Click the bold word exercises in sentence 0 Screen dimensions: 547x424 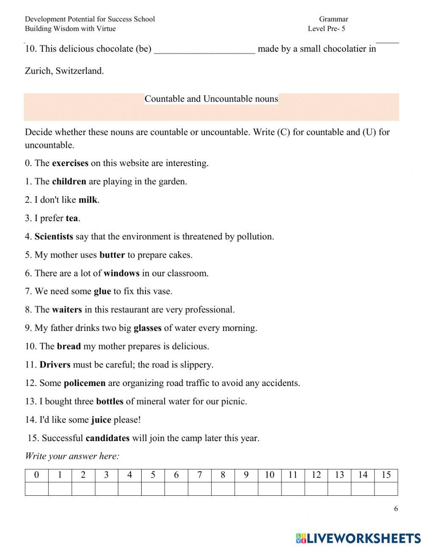pyautogui.click(x=70, y=163)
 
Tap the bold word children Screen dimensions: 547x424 pyautogui.click(x=69, y=181)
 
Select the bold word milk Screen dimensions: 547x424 pyautogui.click(x=88, y=200)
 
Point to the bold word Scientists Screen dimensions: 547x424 pyautogui.click(x=53, y=236)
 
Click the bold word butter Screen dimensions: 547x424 pyautogui.click(x=112, y=255)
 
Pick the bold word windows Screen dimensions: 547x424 pyautogui.click(x=121, y=273)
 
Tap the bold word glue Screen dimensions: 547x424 pyautogui.click(x=102, y=292)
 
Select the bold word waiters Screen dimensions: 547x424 pyautogui.click(x=67, y=310)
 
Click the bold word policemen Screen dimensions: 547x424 pyautogui.click(x=84, y=383)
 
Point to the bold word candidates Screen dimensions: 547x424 pyautogui.click(x=107, y=438)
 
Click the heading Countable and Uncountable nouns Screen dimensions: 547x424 pyautogui.click(x=211, y=99)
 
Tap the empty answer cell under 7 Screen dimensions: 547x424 pyautogui.click(x=199, y=489)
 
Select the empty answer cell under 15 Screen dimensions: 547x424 pyautogui.click(x=386, y=489)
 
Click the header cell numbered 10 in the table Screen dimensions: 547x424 pyautogui.click(x=269, y=475)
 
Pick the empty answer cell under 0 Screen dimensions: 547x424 pyautogui.click(x=36, y=489)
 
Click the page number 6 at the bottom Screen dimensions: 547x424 pyautogui.click(x=396, y=509)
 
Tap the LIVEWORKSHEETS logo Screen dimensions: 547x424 pyautogui.click(x=358, y=538)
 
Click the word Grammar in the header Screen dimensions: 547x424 pyautogui.click(x=333, y=19)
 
